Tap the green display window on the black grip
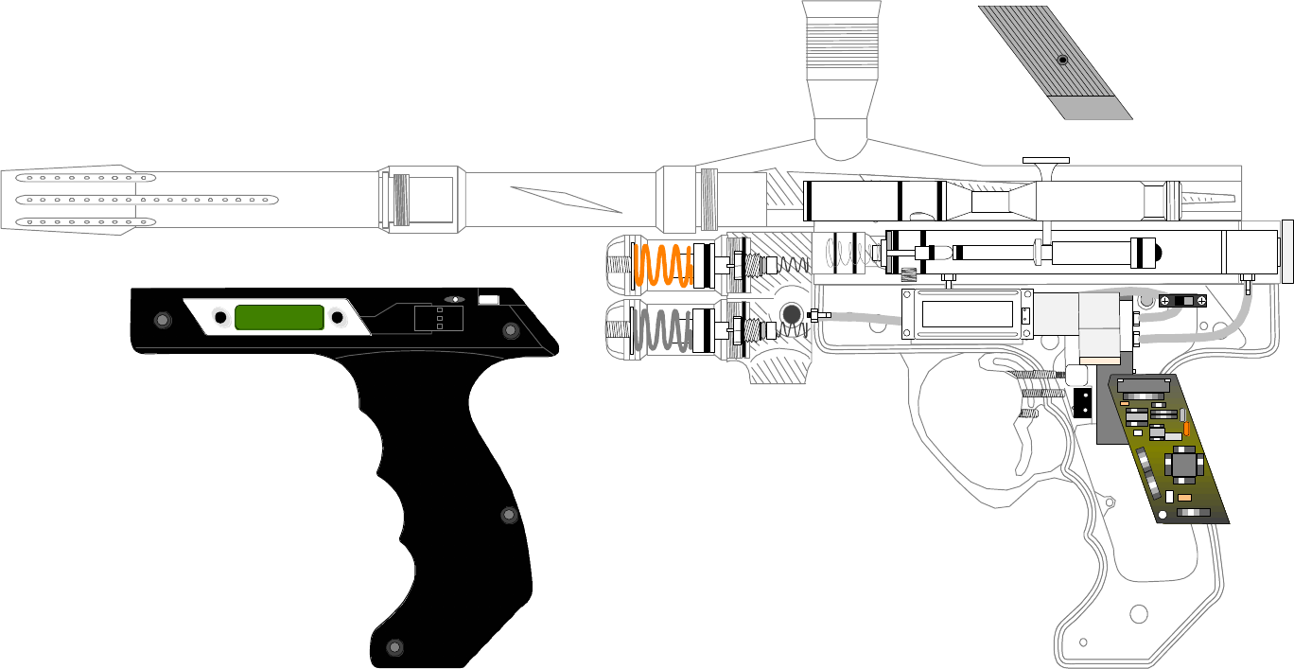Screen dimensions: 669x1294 tap(279, 317)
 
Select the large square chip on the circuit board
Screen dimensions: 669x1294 tap(1184, 465)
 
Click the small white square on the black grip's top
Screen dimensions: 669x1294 tap(488, 300)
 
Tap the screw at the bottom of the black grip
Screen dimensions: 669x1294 tap(395, 647)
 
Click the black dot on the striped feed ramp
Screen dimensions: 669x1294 tap(1062, 60)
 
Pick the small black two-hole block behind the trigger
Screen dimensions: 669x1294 tap(1082, 404)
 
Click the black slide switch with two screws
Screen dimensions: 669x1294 tap(1183, 301)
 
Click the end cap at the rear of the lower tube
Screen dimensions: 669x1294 tap(1286, 251)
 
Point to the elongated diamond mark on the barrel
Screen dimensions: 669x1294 tap(566, 199)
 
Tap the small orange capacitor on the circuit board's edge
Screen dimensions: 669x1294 tap(1185, 429)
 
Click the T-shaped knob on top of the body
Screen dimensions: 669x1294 tap(1045, 167)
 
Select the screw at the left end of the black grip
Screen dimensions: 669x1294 tap(163, 320)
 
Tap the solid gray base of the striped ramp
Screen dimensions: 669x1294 tap(1097, 108)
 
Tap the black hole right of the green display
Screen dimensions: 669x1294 tap(337, 317)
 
